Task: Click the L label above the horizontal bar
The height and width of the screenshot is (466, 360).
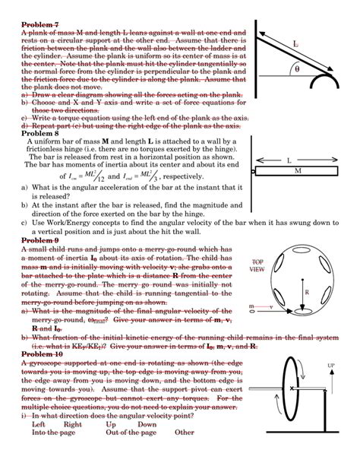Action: coord(289,160)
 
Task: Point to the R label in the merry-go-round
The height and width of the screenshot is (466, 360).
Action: coord(306,292)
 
